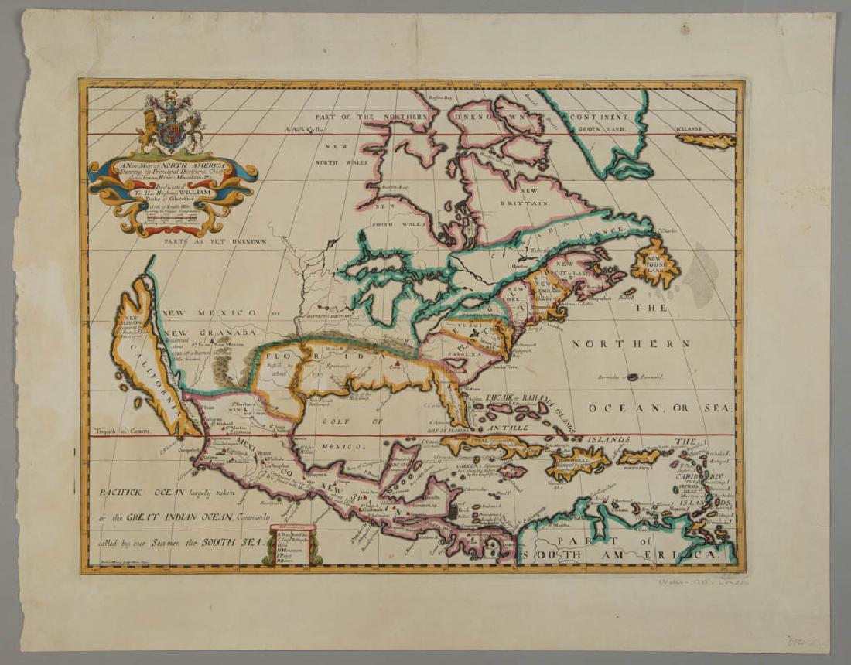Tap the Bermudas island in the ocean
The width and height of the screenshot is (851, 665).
click(634, 377)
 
